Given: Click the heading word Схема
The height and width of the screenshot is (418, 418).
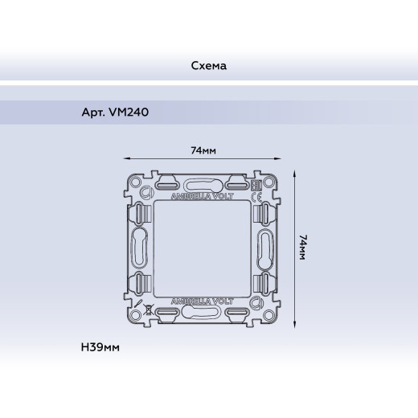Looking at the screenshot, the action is click(x=209, y=66).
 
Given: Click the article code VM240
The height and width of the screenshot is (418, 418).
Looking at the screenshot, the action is click(x=129, y=112).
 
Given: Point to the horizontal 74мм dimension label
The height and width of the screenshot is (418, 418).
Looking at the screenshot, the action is click(x=203, y=150).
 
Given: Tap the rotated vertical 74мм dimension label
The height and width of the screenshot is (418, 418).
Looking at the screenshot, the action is click(x=303, y=247).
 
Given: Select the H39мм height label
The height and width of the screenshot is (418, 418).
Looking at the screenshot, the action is click(x=100, y=347).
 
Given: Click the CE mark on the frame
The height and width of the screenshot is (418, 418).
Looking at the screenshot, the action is click(x=256, y=197).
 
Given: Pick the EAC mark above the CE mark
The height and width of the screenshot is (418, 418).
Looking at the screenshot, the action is click(x=256, y=186).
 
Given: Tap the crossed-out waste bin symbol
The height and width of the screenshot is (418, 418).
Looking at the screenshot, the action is click(x=148, y=310).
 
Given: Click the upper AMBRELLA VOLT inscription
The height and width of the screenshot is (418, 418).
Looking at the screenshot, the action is click(x=203, y=196).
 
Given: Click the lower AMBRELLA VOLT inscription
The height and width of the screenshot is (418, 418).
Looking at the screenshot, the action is click(x=203, y=301).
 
